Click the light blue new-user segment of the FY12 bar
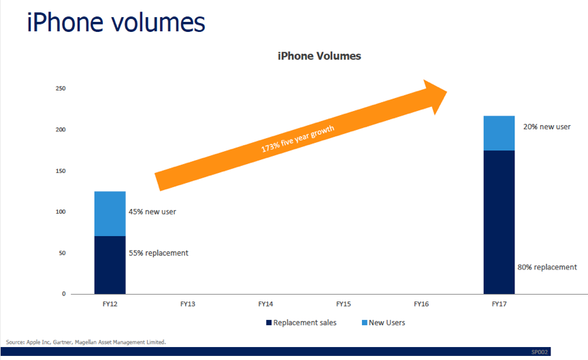pyautogui.click(x=110, y=214)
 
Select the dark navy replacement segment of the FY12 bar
pyautogui.click(x=110, y=265)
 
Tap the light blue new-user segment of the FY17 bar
pyautogui.click(x=499, y=133)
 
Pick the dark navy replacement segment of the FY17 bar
pyautogui.click(x=499, y=222)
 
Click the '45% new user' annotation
pyautogui.click(x=152, y=212)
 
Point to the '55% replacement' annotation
pyautogui.click(x=159, y=253)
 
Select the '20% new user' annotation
pyautogui.click(x=546, y=127)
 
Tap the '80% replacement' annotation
pyautogui.click(x=547, y=267)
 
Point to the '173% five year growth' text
pyautogui.click(x=297, y=139)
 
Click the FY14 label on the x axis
pyautogui.click(x=265, y=304)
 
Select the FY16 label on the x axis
pyautogui.click(x=421, y=304)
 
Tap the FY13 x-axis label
pyautogui.click(x=188, y=304)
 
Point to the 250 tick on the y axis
pyautogui.click(x=61, y=88)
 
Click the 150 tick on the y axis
pyautogui.click(x=61, y=171)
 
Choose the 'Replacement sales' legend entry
pyautogui.click(x=301, y=323)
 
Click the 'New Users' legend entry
pyautogui.click(x=383, y=323)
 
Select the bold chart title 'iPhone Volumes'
pyautogui.click(x=319, y=56)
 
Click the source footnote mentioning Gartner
pyautogui.click(x=86, y=342)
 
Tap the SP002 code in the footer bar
pyautogui.click(x=539, y=352)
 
